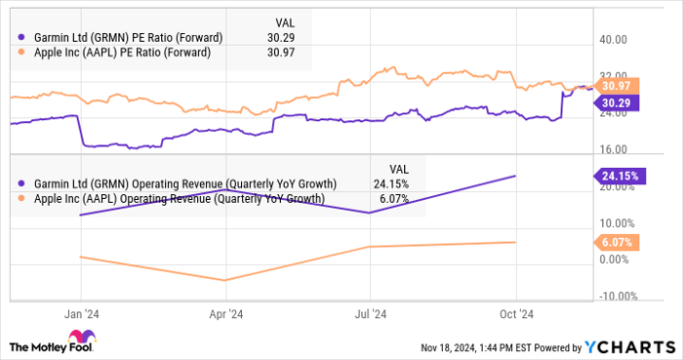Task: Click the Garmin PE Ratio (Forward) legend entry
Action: click(x=122, y=37)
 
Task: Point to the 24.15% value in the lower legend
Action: click(x=392, y=183)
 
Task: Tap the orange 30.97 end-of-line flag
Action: click(x=616, y=86)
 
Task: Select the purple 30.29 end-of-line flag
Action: click(x=616, y=101)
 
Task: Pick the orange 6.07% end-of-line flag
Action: click(x=616, y=241)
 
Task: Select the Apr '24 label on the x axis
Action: click(x=225, y=314)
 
